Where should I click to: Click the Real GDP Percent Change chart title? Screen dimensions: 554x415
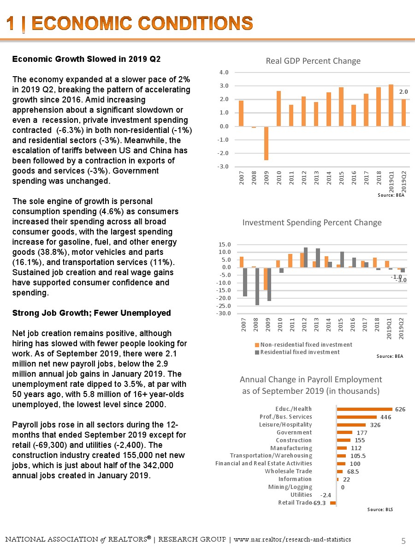(313, 61)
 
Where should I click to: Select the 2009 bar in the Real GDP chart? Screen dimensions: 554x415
(266, 143)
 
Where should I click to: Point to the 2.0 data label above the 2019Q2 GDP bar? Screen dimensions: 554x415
(404, 92)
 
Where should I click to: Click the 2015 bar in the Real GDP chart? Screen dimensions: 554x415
(341, 107)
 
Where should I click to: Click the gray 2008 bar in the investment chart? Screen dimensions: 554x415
(257, 286)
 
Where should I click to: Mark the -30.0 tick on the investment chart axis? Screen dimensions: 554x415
(225, 313)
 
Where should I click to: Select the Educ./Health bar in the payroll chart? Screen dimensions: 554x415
(364, 409)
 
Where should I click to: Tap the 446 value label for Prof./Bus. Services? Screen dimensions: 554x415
(386, 417)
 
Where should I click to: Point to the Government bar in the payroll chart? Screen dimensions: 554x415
(344, 433)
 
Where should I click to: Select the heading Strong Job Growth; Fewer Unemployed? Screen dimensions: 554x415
(91, 313)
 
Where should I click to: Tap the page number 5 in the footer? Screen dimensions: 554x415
(403, 540)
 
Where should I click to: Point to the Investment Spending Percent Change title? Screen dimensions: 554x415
(312, 223)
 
